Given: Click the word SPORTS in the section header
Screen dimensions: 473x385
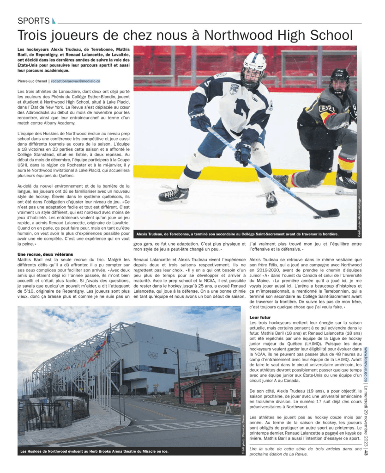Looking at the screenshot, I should [33, 21].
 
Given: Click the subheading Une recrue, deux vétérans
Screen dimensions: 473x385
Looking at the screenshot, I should [45, 254].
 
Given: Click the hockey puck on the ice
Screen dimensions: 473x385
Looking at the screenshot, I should [317, 216].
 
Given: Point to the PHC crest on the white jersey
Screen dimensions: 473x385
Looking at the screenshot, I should [234, 89].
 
